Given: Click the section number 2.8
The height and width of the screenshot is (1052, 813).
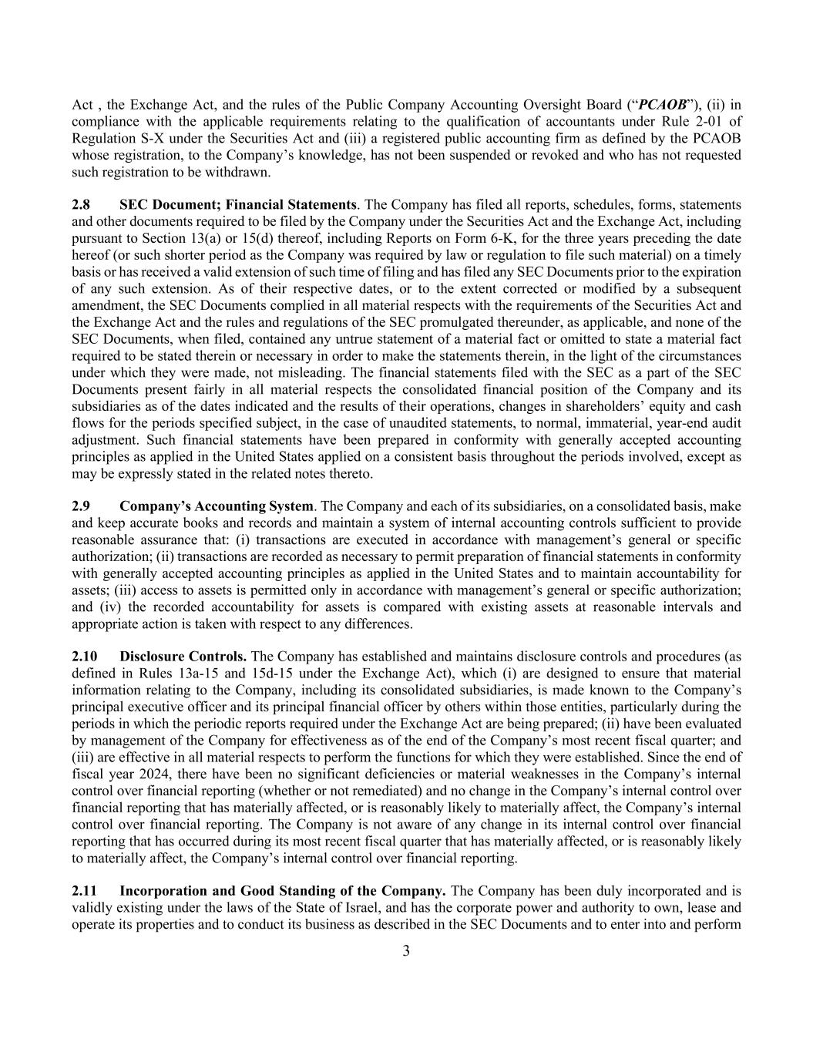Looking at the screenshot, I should (81, 204).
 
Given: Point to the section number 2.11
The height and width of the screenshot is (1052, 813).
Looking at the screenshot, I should (85, 890).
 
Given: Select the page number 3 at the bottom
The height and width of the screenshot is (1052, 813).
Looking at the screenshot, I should (406, 951).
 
